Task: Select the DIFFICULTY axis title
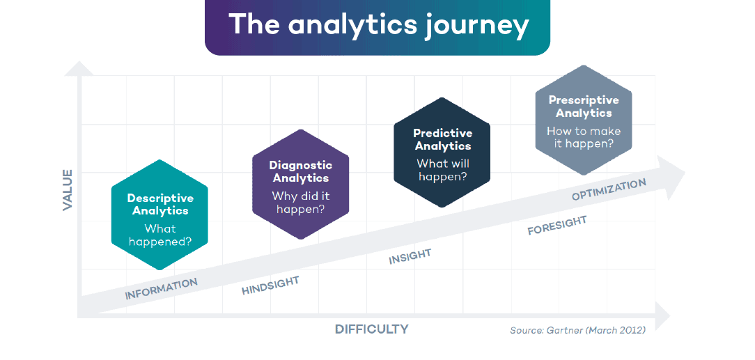click(371, 329)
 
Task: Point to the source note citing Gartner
click(577, 330)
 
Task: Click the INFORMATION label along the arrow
click(161, 288)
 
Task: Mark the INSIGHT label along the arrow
click(410, 256)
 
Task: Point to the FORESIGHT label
click(556, 225)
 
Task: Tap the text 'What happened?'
click(160, 235)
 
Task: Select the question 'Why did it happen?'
click(300, 203)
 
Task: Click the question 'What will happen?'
click(442, 170)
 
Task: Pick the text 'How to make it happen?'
click(584, 137)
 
